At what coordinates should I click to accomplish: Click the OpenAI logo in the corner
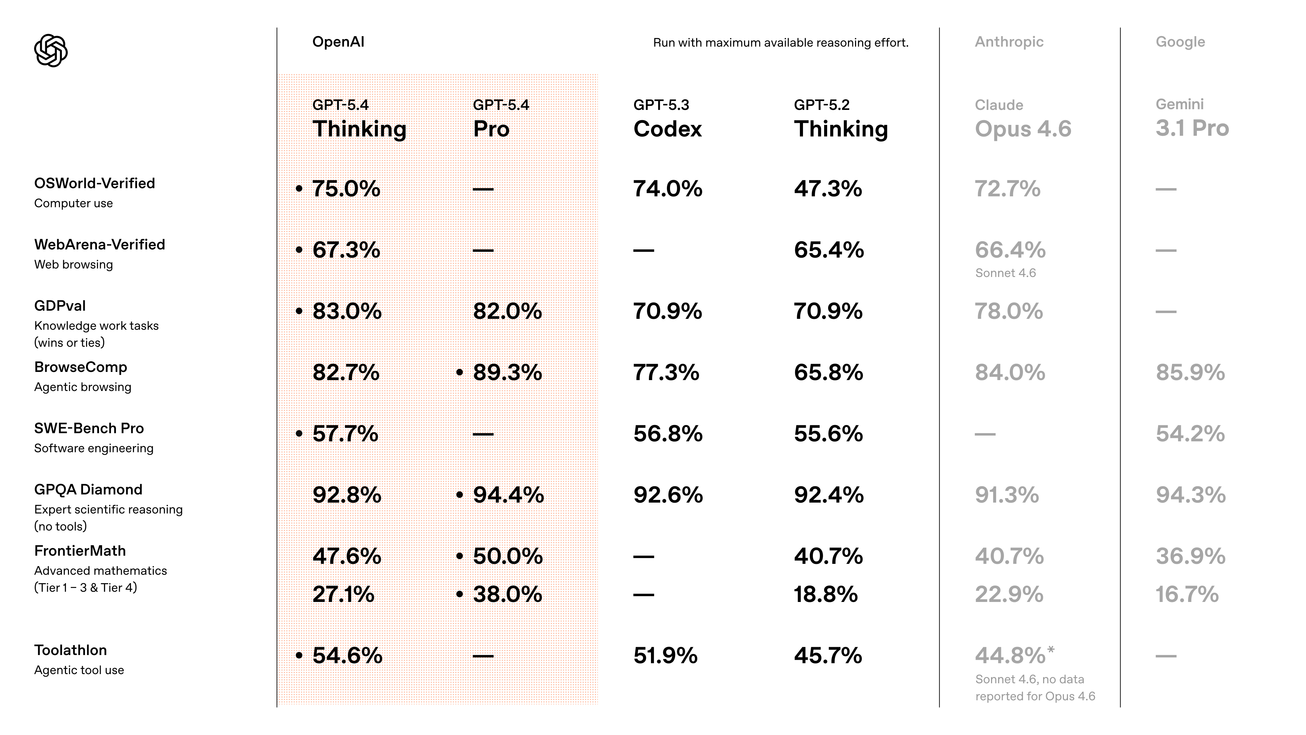tap(51, 50)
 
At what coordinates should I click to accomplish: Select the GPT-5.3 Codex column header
tap(667, 120)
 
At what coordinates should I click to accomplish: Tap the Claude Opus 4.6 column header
tap(1023, 120)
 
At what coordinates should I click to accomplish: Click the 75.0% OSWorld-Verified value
tap(346, 189)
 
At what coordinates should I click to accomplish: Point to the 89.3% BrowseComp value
tap(507, 372)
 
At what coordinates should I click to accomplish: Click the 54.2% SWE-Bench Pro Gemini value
tap(1190, 434)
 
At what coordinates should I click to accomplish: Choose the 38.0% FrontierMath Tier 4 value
tap(507, 594)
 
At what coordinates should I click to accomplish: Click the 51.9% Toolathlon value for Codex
tap(665, 655)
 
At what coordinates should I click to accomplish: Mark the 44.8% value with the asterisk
tap(1010, 655)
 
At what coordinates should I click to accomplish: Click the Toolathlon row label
tap(70, 650)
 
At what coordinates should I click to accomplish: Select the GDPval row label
tap(60, 306)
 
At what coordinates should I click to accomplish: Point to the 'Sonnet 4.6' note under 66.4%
tap(1005, 273)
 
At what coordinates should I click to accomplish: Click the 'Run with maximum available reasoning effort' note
tap(780, 43)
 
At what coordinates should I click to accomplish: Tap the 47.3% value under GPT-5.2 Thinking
tap(827, 189)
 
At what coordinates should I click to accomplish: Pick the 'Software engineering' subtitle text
tap(94, 448)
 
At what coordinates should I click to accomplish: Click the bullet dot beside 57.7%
tap(299, 434)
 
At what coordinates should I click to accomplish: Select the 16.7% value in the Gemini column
tap(1187, 594)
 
